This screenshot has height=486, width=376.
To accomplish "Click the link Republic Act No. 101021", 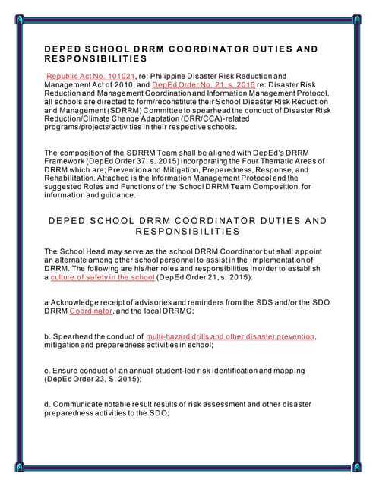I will (x=90, y=77).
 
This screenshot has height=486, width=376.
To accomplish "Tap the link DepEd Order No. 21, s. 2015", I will (x=193, y=86).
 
